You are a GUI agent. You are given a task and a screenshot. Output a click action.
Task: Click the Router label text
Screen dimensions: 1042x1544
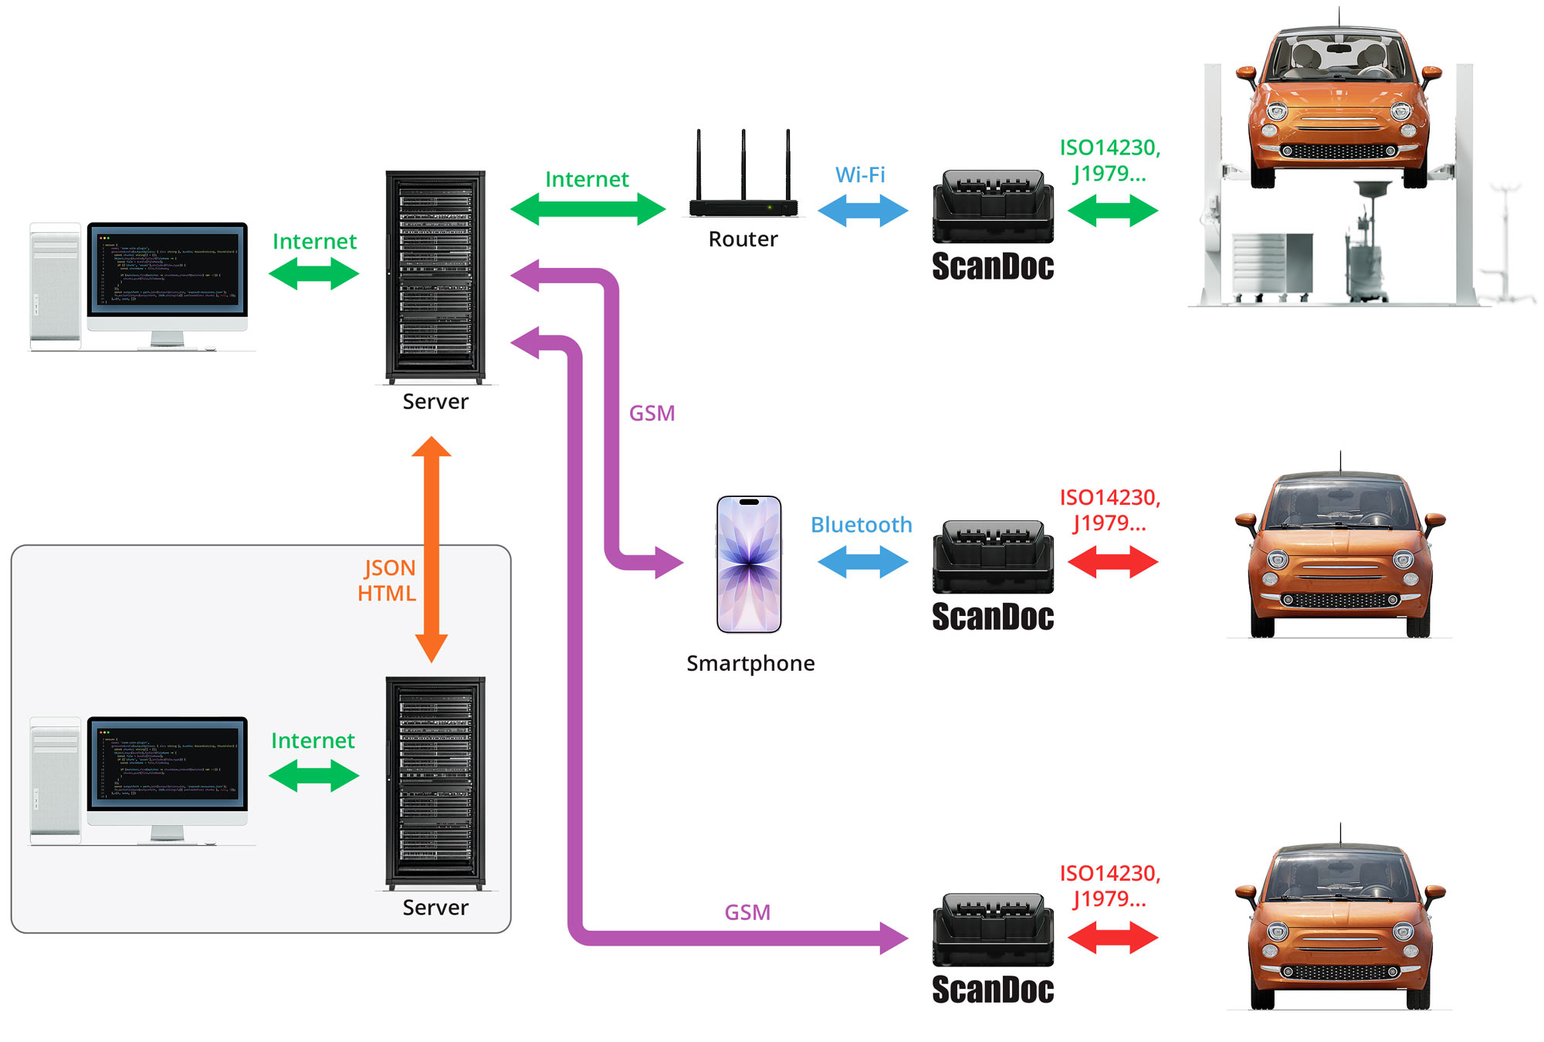pos(743,239)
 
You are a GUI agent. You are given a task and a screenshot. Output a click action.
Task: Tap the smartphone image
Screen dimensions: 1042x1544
pos(748,564)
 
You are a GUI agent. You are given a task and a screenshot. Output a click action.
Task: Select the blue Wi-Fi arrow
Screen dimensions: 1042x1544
pos(862,210)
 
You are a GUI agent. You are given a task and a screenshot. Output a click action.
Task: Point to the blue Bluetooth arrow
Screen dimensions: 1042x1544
pos(862,561)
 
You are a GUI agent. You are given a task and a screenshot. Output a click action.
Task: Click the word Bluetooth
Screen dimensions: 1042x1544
pos(861,525)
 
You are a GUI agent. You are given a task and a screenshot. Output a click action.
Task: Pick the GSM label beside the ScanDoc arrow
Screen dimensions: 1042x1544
pos(747,912)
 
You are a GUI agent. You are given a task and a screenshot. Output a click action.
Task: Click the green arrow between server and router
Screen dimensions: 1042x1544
pos(587,208)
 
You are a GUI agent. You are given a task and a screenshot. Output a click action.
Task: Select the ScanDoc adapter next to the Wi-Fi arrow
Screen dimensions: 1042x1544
pos(993,206)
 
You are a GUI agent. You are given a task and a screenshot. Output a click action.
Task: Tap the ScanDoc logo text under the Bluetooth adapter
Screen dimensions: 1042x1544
pos(993,617)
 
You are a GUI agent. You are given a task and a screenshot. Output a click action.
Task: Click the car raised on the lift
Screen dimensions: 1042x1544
pos(1338,100)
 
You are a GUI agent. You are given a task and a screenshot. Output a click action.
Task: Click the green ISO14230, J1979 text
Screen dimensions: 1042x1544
pos(1109,160)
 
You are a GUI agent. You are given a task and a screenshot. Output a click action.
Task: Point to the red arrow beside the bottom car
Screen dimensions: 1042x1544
pos(1112,938)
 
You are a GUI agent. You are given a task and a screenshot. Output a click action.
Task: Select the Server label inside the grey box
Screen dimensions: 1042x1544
pos(435,908)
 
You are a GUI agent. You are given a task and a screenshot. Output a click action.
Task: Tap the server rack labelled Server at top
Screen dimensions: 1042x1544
pos(435,276)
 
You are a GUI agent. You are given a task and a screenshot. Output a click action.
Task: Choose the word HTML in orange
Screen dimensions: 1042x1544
pos(386,593)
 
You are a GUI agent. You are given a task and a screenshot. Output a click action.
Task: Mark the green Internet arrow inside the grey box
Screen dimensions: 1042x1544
pos(313,775)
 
